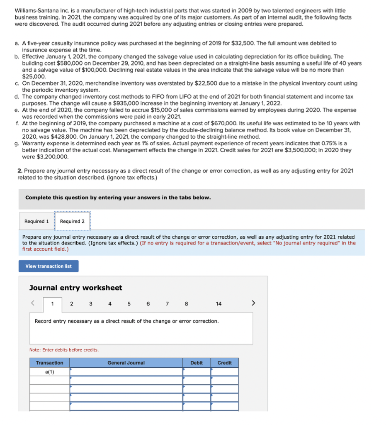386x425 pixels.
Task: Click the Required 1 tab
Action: [36, 221]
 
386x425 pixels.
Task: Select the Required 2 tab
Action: [72, 221]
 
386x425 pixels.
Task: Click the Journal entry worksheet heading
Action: [75, 288]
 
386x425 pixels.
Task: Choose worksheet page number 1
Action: [52, 304]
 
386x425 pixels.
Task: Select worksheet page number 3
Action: [91, 304]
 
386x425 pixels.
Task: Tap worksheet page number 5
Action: [129, 304]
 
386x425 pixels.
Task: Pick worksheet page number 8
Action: [186, 304]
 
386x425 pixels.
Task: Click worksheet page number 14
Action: [218, 304]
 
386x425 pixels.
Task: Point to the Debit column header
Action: [197, 363]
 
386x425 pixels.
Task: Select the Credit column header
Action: [224, 363]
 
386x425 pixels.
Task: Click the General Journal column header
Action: [126, 363]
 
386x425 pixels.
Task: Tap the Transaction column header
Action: [49, 363]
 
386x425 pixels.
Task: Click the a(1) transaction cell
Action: [49, 372]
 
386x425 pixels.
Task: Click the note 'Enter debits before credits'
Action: [64, 350]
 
